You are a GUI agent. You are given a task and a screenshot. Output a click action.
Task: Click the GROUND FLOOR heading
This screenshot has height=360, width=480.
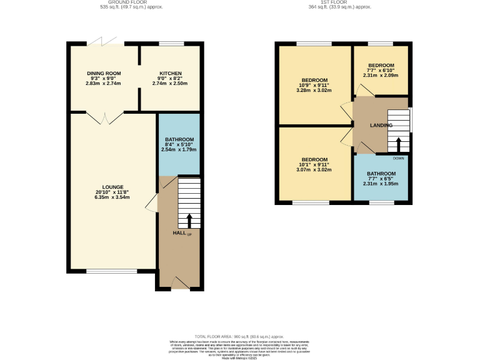pyautogui.click(x=118, y=2)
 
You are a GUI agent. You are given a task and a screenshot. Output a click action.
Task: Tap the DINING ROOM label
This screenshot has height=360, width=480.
pyautogui.click(x=103, y=73)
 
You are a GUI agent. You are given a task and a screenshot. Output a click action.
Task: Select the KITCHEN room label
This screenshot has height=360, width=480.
pyautogui.click(x=170, y=73)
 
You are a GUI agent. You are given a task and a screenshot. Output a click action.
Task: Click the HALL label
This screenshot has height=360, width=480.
pyautogui.click(x=179, y=233)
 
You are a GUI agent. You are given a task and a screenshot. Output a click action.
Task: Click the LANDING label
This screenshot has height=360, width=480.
pyautogui.click(x=381, y=125)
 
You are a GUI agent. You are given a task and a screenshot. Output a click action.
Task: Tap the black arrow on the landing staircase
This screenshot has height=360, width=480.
pyautogui.click(x=398, y=144)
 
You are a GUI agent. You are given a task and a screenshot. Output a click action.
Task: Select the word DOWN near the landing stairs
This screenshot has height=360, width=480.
pyautogui.click(x=399, y=158)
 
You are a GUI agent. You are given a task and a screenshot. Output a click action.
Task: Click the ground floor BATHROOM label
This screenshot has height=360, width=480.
pyautogui.click(x=179, y=139)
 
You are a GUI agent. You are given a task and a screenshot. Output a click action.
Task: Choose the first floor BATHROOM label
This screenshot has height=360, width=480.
pyautogui.click(x=381, y=174)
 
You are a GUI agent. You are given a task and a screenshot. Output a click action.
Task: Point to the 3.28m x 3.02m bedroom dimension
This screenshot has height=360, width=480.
pyautogui.click(x=315, y=91)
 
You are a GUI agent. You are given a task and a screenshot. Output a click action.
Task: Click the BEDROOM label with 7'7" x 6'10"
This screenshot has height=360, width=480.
pyautogui.click(x=381, y=66)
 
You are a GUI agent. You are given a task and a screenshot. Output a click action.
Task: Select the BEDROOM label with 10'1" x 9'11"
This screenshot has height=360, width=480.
pyautogui.click(x=315, y=159)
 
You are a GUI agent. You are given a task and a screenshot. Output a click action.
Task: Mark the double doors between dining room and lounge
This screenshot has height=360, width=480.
pyautogui.click(x=104, y=117)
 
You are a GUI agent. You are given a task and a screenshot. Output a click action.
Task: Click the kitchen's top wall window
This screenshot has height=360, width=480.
pyautogui.click(x=171, y=44)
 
